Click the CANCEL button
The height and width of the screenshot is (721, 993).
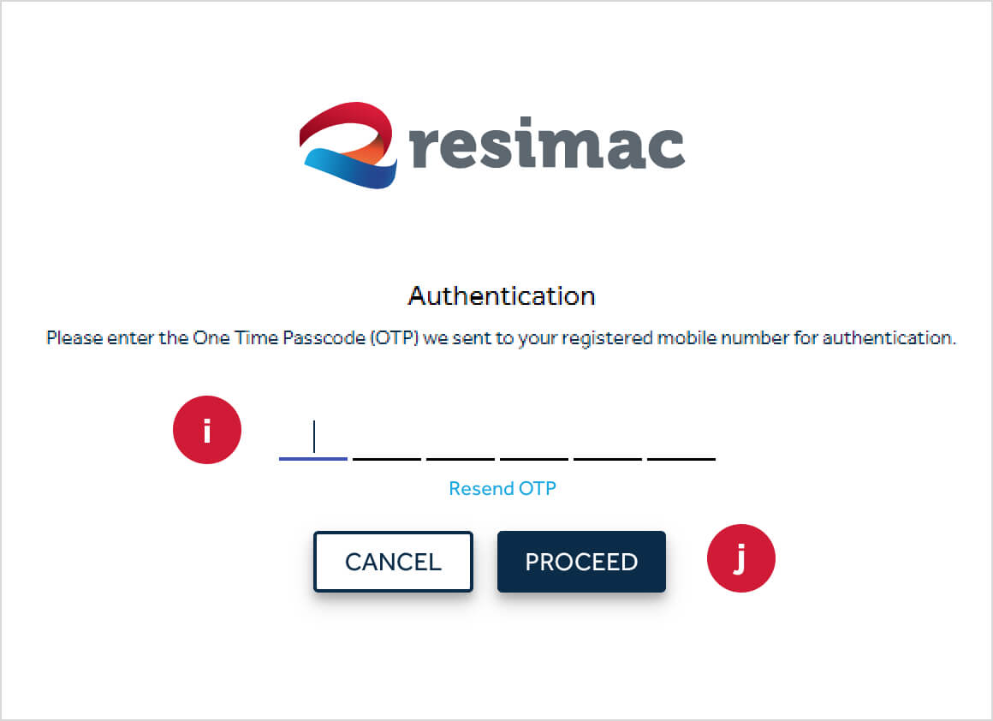(393, 562)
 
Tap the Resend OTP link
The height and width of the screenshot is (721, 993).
(502, 489)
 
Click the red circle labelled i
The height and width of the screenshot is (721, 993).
(207, 430)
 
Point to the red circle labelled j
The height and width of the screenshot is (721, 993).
(740, 558)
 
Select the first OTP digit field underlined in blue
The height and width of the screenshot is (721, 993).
(313, 441)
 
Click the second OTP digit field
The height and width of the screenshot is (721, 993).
(387, 441)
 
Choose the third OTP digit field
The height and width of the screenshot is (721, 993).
(461, 441)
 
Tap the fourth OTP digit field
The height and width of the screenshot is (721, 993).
(534, 441)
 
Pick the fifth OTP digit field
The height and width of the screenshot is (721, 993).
(608, 441)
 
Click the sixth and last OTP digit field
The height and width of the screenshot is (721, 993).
(681, 441)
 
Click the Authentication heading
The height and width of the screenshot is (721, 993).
(502, 296)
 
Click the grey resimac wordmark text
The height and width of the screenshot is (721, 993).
(548, 146)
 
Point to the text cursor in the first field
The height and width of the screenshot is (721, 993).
(315, 437)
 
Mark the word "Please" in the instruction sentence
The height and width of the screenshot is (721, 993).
(71, 338)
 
